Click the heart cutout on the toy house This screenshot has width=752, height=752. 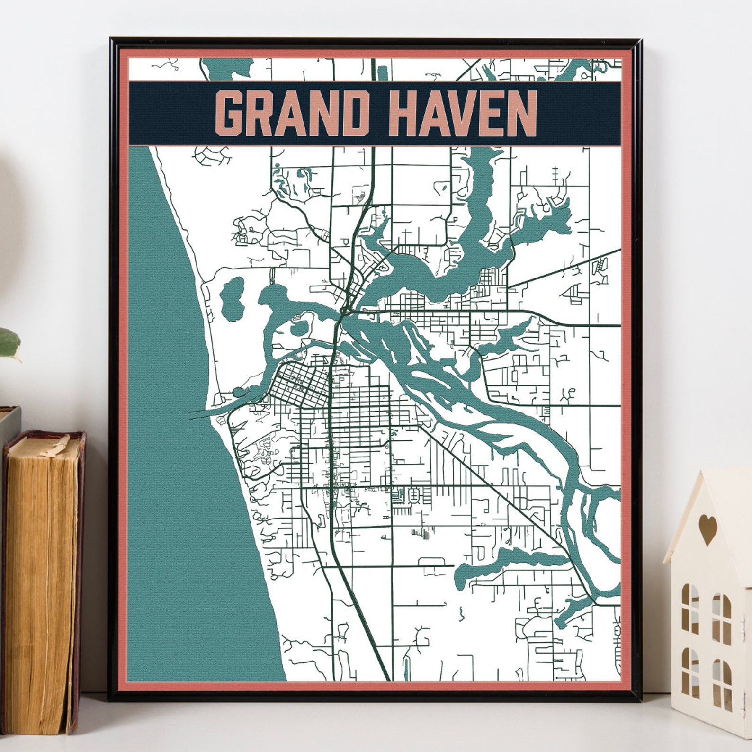(x=708, y=529)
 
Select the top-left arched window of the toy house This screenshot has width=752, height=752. (x=690, y=604)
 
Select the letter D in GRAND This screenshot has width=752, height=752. (x=356, y=114)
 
